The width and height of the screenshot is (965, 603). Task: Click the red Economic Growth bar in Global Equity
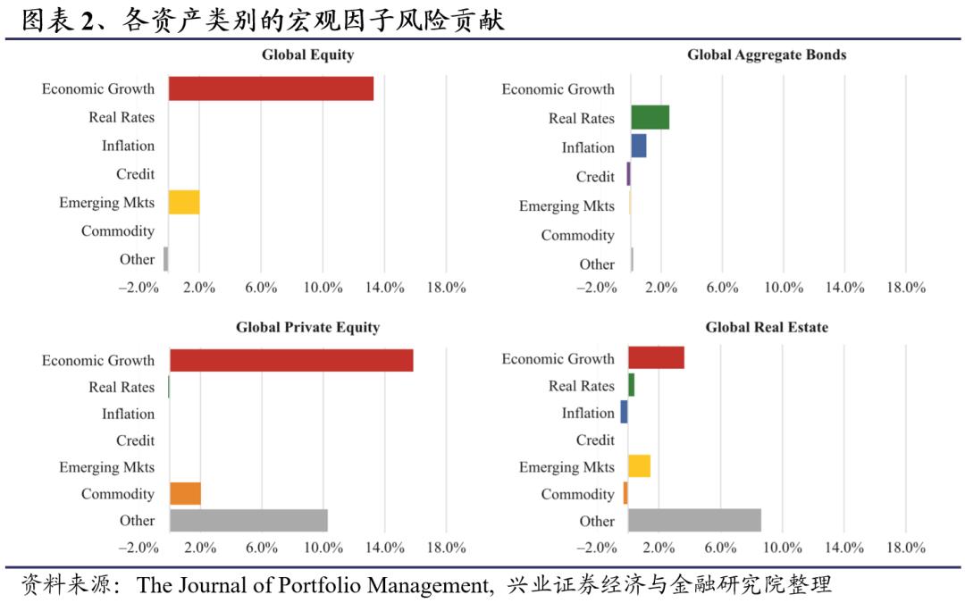pyautogui.click(x=271, y=88)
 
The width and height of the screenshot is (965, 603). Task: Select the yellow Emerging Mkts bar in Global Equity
pyautogui.click(x=184, y=202)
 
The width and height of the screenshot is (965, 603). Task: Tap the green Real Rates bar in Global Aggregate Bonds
pyautogui.click(x=650, y=118)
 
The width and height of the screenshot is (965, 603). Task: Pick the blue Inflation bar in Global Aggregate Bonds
pyautogui.click(x=639, y=147)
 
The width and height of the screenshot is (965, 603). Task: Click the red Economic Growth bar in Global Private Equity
pyautogui.click(x=291, y=360)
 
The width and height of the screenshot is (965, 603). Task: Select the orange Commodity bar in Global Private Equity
pyautogui.click(x=185, y=493)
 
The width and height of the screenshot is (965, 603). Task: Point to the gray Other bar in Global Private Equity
pyautogui.click(x=248, y=520)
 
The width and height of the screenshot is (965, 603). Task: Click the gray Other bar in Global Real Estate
pyautogui.click(x=694, y=520)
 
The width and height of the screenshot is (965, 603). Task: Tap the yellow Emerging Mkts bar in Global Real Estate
pyautogui.click(x=639, y=466)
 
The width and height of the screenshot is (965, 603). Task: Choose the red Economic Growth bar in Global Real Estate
pyautogui.click(x=656, y=357)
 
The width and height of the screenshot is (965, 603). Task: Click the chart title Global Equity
pyautogui.click(x=307, y=55)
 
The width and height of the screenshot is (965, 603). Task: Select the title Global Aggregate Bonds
pyautogui.click(x=767, y=55)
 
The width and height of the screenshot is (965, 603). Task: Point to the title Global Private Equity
pyautogui.click(x=307, y=327)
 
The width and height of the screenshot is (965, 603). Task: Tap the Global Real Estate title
pyautogui.click(x=767, y=327)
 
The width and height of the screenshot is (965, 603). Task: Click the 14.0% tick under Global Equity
pyautogui.click(x=384, y=288)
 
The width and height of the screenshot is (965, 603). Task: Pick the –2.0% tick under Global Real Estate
pyautogui.click(x=597, y=547)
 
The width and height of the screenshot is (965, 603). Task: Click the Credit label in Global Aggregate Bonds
pyautogui.click(x=595, y=177)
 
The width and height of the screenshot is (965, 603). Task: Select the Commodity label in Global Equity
pyautogui.click(x=118, y=231)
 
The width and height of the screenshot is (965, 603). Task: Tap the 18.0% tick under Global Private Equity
pyautogui.click(x=446, y=547)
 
